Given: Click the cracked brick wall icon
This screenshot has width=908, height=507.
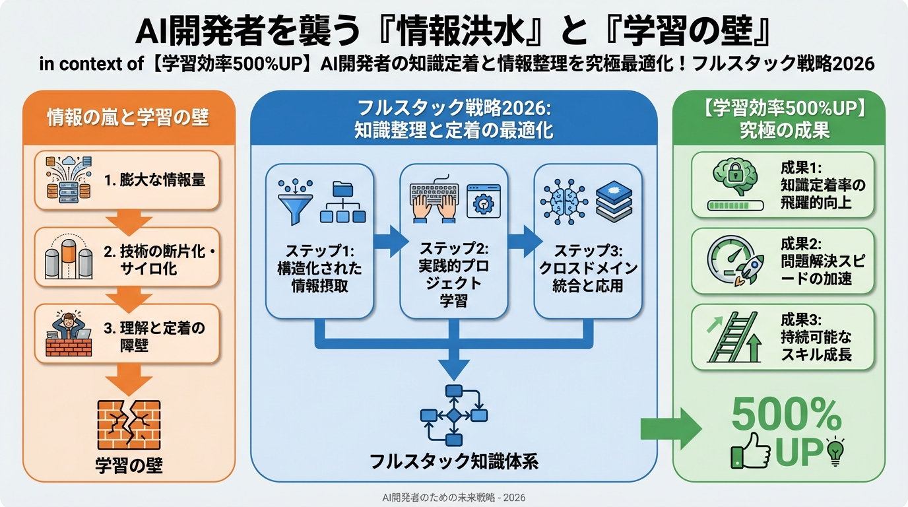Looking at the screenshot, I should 129,424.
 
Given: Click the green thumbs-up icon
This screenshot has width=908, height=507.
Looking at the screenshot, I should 750,452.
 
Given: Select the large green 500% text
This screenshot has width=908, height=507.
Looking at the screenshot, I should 787,415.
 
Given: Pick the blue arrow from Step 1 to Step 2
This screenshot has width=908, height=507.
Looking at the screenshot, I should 391,241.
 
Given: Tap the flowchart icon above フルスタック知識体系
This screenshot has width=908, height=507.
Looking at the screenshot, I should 453,415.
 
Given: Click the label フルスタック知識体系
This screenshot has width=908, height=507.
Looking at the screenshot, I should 454,461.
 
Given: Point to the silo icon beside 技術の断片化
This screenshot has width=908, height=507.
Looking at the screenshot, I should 69,257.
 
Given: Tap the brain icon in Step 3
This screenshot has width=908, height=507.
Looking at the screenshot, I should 564,200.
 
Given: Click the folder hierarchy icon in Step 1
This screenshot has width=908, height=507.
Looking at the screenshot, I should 343,201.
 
